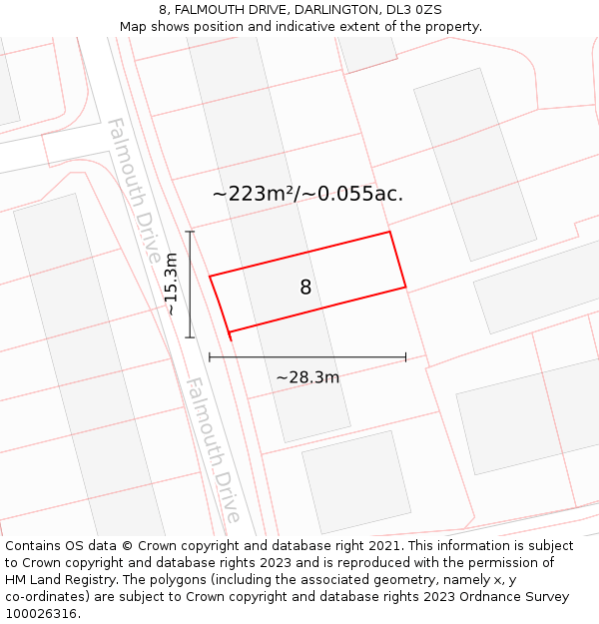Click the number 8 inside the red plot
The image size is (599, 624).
[x=305, y=288]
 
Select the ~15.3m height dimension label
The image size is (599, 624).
[x=172, y=285]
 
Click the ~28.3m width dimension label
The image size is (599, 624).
[x=307, y=377]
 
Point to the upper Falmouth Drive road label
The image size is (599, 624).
[x=133, y=190]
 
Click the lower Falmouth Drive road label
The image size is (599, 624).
[x=213, y=449]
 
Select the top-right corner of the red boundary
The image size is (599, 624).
[x=389, y=232]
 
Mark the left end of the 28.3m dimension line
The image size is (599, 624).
[x=210, y=356]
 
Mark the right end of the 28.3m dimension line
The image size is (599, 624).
[x=405, y=356]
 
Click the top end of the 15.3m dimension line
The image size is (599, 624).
[x=190, y=232]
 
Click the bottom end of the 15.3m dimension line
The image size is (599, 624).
[x=190, y=337]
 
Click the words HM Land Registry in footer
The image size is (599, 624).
[x=59, y=580]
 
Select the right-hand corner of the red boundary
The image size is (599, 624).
[x=405, y=288]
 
